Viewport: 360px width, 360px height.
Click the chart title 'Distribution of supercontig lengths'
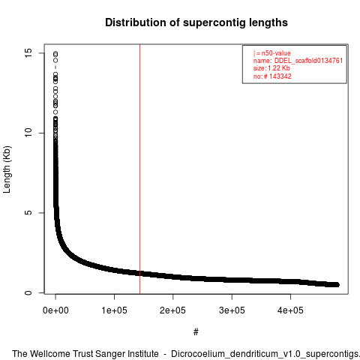point(196,22)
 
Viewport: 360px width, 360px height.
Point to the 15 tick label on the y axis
point(28,52)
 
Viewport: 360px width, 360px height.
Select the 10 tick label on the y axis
point(28,133)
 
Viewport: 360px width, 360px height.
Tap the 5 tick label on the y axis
point(28,213)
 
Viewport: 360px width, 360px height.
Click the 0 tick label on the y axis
point(28,292)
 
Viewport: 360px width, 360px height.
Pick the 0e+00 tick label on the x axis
point(55,310)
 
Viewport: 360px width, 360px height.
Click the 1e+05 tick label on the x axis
point(114,310)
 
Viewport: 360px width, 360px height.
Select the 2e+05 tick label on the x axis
point(172,310)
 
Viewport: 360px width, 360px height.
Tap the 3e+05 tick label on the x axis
point(232,310)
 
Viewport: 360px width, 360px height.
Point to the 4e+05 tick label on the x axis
point(290,310)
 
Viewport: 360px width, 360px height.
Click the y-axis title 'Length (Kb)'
point(7,169)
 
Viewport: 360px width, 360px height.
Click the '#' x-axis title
point(196,332)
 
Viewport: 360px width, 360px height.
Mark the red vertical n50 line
point(139,169)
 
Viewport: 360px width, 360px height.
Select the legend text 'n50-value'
point(276,53)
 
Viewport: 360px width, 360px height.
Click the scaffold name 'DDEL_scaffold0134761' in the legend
point(308,61)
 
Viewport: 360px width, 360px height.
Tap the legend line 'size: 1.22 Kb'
point(271,68)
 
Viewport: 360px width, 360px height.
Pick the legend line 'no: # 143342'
point(272,76)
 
